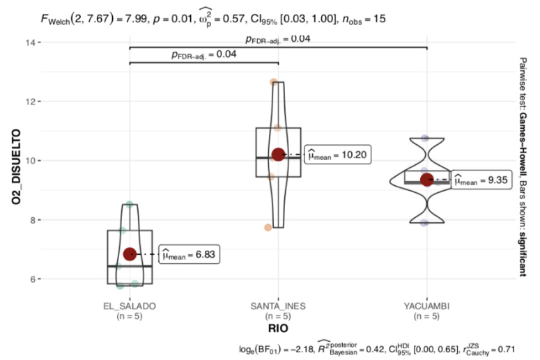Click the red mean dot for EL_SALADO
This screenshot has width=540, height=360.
point(130,254)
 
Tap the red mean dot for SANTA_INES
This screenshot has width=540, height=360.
point(278,155)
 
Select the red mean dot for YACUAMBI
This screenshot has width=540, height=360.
point(427,180)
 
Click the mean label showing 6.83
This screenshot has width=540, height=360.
point(189,254)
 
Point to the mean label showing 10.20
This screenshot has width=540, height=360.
point(338,155)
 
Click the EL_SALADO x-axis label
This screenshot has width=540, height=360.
point(130,306)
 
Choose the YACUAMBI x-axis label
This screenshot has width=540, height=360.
point(426,306)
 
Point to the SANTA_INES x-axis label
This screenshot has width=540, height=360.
point(278,306)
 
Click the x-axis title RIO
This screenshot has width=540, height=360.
point(278,329)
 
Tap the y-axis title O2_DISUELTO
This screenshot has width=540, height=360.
point(16,166)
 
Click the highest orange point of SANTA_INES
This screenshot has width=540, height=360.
point(273,82)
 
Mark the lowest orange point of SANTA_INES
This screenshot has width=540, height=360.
point(268,228)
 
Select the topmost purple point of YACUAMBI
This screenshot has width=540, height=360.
point(425,139)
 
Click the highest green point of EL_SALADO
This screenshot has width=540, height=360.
point(130,205)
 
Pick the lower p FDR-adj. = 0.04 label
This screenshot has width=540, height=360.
point(204,55)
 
